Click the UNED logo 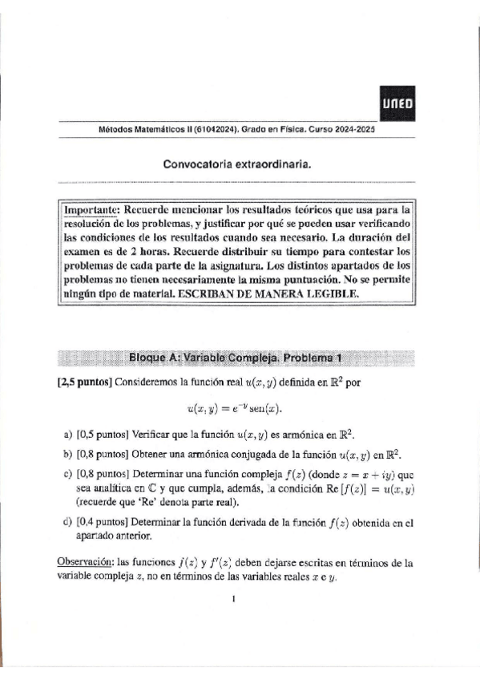point(397,103)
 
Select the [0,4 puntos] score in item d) point(103,523)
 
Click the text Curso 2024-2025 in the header point(337,130)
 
